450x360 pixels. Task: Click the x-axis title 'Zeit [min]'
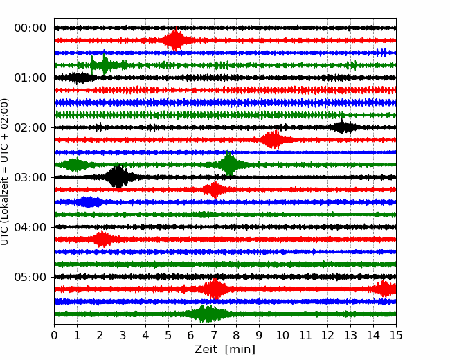point(225,350)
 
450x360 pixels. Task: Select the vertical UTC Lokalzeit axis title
point(6,172)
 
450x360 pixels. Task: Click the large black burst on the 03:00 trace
point(118,177)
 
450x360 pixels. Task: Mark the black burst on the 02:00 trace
point(343,127)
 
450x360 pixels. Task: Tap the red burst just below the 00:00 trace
point(176,40)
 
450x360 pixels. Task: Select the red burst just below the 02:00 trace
point(273,140)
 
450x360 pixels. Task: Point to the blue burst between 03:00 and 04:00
point(89,202)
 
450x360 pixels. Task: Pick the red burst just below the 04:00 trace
point(102,240)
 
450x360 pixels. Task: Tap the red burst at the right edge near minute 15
point(385,289)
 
